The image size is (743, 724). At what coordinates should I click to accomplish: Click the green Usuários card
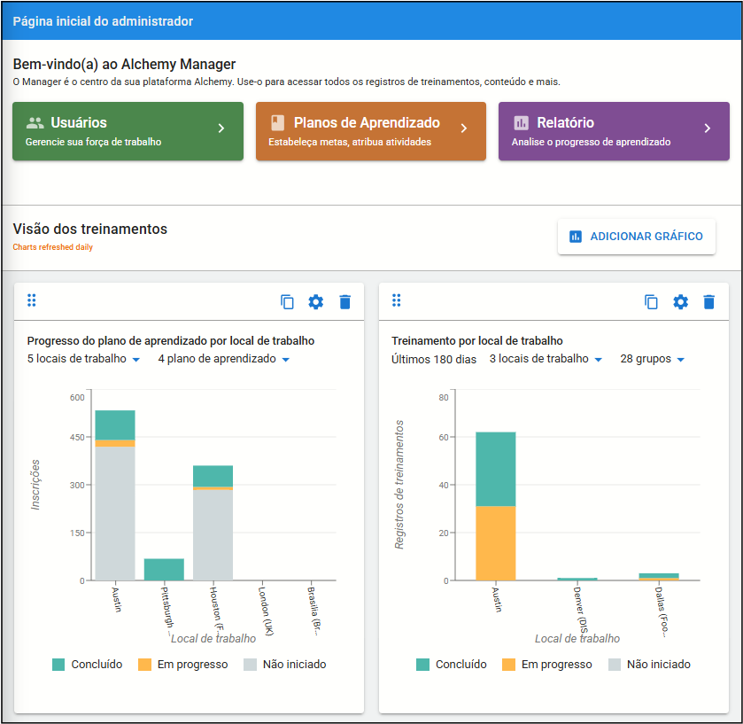(x=128, y=131)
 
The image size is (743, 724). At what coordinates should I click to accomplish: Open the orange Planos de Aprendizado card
(x=371, y=131)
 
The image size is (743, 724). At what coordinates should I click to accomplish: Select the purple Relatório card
(x=614, y=131)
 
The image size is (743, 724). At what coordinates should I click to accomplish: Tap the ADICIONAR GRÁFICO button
(x=637, y=237)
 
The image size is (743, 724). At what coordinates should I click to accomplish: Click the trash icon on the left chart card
(x=345, y=302)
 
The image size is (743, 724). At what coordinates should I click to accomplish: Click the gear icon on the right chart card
(x=680, y=302)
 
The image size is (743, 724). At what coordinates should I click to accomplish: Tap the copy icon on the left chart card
(x=287, y=302)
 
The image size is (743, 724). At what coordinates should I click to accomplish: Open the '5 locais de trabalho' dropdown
(x=83, y=359)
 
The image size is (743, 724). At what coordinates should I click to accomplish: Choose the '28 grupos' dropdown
(x=653, y=359)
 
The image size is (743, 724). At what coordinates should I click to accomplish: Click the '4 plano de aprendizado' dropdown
(x=224, y=359)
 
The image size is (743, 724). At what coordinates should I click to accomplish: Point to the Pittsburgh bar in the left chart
(x=164, y=570)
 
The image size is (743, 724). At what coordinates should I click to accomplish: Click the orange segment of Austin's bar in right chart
(x=496, y=543)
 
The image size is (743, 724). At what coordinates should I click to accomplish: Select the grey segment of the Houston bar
(x=213, y=535)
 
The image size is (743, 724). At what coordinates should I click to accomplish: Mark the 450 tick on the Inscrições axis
(x=77, y=437)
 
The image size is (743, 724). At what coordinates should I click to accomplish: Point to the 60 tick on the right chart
(x=444, y=437)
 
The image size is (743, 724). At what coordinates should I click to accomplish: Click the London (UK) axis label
(x=266, y=611)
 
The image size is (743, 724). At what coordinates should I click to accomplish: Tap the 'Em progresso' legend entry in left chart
(x=183, y=665)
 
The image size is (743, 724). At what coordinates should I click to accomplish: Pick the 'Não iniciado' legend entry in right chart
(x=649, y=665)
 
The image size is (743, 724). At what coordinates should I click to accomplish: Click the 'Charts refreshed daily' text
(x=52, y=247)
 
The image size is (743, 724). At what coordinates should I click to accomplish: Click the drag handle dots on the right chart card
(x=397, y=300)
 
